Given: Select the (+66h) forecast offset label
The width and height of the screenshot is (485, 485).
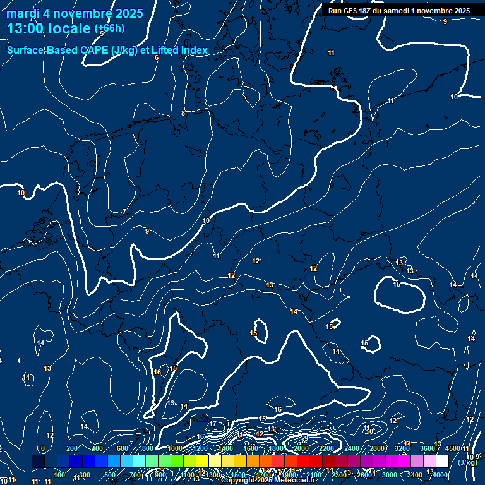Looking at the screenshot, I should pos(109,28).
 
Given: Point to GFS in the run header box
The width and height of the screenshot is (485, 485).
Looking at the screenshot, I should pos(352,11).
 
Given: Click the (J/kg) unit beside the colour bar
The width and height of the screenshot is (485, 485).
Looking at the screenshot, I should pos(469,463).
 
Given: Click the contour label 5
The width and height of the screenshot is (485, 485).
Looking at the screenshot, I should pos(102,33).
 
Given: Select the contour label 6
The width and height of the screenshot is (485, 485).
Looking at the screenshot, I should pos(157,58).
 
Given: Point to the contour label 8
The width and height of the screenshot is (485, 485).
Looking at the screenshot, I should pos(183,113).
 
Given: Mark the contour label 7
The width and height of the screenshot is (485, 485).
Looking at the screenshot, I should pos(124,212).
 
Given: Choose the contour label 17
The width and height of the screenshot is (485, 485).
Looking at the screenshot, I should pos(213,424).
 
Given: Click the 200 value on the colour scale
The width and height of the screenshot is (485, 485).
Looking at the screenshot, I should pos(71,448).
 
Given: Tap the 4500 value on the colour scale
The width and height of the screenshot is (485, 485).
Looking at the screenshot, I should pos(453,448).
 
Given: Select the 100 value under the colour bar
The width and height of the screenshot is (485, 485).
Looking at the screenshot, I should pos(59,475).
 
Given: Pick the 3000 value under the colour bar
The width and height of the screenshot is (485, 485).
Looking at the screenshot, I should pos(390,475).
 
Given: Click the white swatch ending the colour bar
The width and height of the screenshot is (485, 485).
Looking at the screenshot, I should pos(442,462).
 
